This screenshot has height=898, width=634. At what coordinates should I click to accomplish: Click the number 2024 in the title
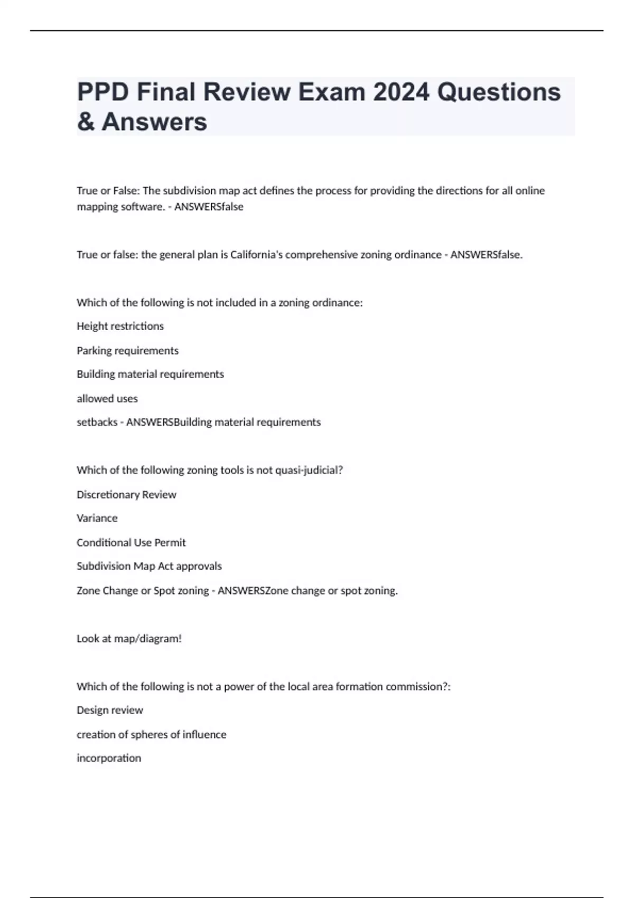401,92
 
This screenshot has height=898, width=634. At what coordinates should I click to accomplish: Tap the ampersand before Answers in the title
86,122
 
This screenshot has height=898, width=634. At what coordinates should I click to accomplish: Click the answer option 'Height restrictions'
120,326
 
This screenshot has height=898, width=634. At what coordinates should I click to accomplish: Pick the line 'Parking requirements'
127,351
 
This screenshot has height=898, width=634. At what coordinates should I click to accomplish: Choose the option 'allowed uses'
107,399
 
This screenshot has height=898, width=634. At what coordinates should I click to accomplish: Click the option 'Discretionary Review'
126,495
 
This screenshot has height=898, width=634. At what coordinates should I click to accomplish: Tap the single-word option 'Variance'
97,518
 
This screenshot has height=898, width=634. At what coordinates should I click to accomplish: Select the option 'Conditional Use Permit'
131,542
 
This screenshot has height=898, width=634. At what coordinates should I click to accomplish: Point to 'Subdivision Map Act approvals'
149,566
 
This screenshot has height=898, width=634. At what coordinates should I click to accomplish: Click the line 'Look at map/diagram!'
129,639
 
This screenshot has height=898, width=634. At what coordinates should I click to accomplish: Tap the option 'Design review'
109,710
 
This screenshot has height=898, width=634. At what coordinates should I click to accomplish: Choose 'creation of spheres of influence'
151,735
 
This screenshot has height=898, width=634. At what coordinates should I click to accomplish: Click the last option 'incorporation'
108,759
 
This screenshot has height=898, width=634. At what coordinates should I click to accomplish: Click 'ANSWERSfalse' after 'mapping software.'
209,207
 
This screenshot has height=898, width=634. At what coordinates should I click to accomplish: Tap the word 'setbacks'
97,423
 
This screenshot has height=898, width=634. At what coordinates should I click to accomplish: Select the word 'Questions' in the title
499,92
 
